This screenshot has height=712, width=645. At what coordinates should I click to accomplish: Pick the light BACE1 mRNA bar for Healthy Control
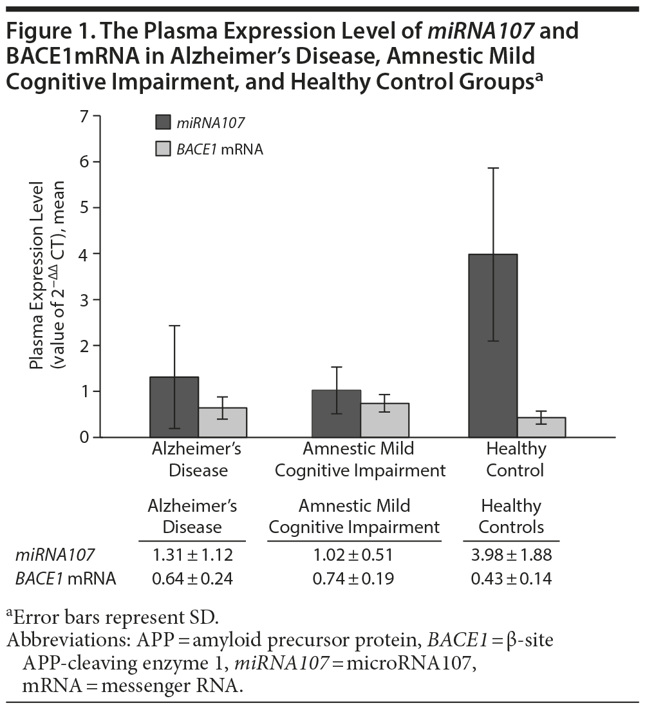tap(541, 427)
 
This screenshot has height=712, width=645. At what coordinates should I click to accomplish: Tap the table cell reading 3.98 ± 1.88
tap(511, 554)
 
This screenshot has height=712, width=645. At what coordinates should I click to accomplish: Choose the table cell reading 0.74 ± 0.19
tap(353, 579)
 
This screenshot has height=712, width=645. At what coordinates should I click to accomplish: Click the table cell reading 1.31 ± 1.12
tap(192, 554)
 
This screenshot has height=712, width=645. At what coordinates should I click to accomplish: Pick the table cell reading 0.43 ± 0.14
tap(511, 579)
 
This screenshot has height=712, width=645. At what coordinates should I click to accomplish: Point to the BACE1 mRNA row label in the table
tap(65, 579)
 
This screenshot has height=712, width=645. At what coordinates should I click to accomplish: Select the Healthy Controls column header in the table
tap(511, 516)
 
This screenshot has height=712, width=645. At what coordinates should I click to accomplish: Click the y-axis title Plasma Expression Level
tap(40, 277)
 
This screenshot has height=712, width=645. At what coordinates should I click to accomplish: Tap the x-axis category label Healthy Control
tap(516, 459)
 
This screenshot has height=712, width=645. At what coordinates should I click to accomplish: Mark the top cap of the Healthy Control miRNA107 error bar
tap(492, 168)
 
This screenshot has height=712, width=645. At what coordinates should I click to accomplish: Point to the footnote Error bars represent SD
tap(115, 619)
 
